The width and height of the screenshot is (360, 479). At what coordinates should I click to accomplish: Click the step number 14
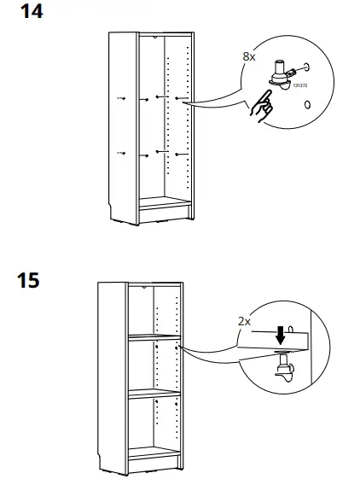click(x=30, y=12)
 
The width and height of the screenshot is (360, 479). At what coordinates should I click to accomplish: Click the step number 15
click(x=29, y=279)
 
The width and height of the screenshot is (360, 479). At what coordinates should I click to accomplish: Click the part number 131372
click(x=299, y=85)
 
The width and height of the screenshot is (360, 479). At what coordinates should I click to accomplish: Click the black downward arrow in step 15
click(x=279, y=336)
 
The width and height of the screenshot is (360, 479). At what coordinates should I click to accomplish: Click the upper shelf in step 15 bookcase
click(x=154, y=337)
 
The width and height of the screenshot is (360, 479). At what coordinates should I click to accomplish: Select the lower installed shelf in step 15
click(x=154, y=394)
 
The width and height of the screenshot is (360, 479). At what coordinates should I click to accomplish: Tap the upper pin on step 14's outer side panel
click(x=122, y=99)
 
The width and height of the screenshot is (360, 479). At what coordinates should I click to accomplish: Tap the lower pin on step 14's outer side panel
click(x=122, y=154)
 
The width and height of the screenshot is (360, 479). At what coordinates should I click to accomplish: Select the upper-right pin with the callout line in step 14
click(x=179, y=99)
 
